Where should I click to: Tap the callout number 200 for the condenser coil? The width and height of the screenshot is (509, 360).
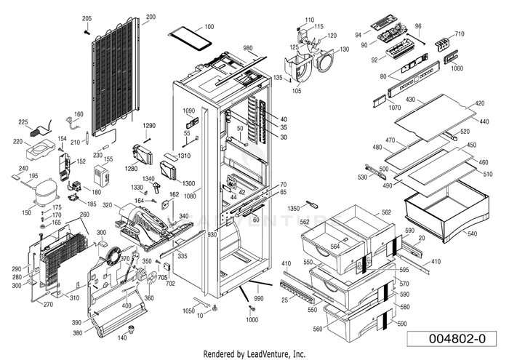(x=151, y=17)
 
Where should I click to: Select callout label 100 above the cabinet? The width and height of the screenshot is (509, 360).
(x=209, y=26)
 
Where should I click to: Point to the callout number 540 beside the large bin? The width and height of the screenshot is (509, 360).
(x=472, y=234)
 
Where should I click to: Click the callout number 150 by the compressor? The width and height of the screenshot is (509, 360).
(x=26, y=212)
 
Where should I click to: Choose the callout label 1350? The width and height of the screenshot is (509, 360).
(x=294, y=209)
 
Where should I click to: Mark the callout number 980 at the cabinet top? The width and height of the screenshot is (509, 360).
(x=248, y=48)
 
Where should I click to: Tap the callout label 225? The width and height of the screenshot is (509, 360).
(x=23, y=122)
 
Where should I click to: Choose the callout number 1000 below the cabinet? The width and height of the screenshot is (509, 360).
(x=252, y=320)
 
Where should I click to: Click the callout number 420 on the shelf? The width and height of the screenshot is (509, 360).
(x=478, y=103)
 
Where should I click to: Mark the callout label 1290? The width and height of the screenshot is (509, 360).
(x=149, y=126)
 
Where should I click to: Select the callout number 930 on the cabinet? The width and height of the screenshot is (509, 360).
(x=212, y=236)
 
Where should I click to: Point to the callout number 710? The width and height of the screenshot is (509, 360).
(x=459, y=34)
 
